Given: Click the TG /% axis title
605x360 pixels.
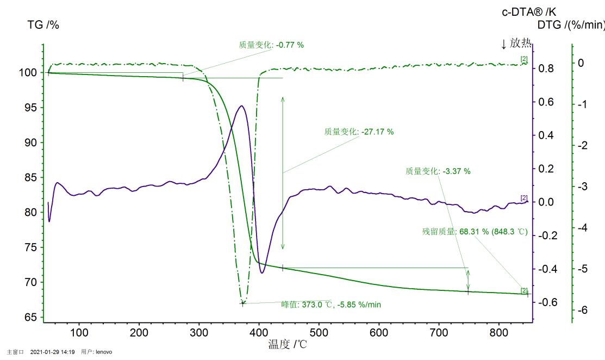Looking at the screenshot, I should (43, 24).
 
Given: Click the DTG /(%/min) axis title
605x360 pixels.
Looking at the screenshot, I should (571, 24).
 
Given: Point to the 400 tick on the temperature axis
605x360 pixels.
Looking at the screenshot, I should (259, 332).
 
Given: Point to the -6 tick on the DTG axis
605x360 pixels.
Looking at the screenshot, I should (582, 310).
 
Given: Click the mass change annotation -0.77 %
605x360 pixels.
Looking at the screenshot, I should (271, 45).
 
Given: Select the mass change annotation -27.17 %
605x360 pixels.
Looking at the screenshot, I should (359, 132).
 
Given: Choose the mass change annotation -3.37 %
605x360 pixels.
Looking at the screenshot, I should (438, 171).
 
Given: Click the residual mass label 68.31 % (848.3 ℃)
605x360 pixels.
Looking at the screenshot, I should (475, 232).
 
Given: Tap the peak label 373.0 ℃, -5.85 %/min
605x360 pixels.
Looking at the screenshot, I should (330, 305).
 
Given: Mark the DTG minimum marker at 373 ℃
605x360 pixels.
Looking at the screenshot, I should (242, 303).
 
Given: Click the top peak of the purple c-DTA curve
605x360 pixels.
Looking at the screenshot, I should (241, 106).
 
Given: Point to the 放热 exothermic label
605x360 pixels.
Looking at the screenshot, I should (516, 44).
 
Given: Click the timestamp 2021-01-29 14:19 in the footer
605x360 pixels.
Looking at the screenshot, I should (52, 352).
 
